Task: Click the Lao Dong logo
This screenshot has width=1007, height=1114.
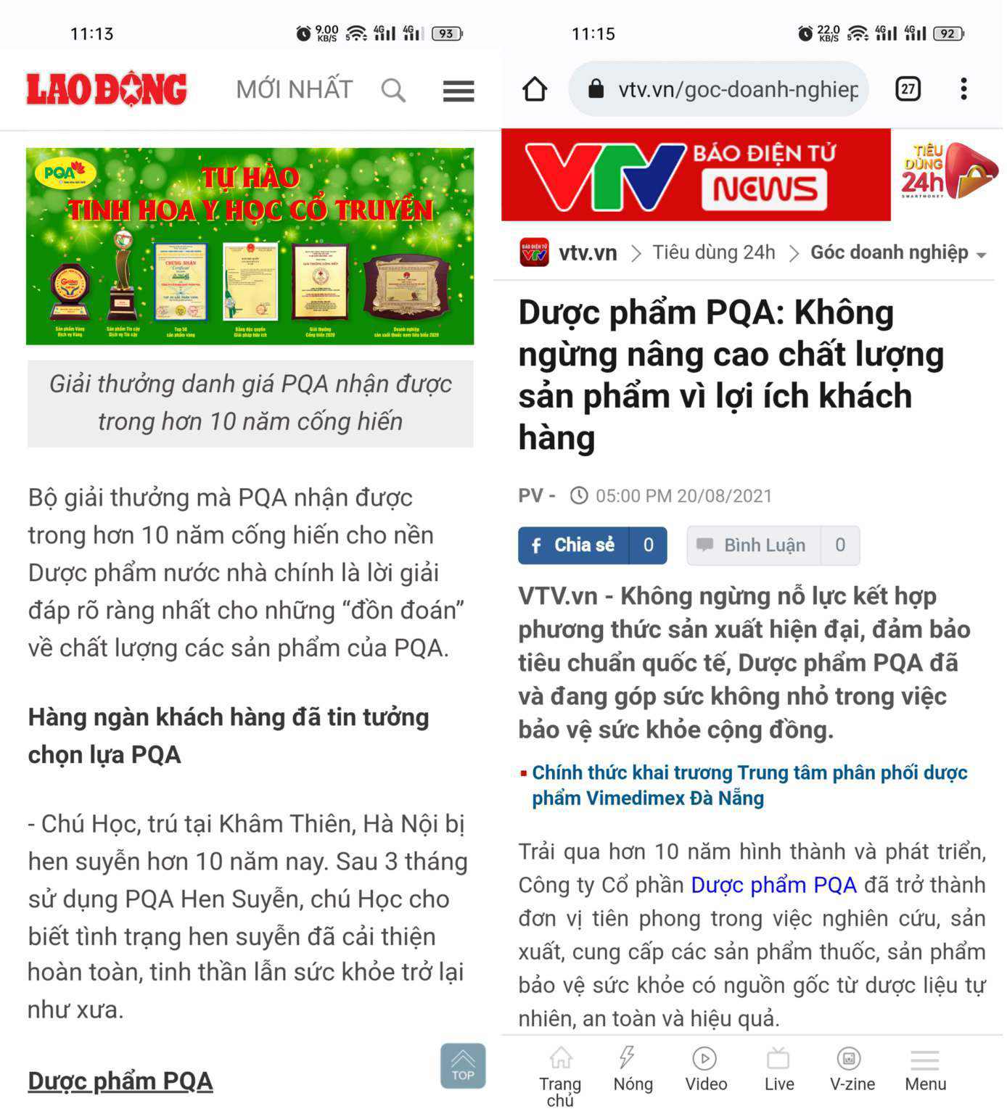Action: coord(107,89)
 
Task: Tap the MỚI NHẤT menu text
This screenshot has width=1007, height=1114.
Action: coord(294,89)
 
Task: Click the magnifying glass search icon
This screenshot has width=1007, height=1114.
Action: coord(392,91)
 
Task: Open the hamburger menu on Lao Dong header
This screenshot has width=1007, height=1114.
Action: coord(458,91)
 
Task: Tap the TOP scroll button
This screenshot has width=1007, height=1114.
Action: coord(462,1065)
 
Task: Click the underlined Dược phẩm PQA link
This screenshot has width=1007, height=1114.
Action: coord(120,1081)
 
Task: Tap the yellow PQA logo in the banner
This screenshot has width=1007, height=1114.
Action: coord(65,173)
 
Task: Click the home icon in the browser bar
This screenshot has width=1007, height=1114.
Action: coord(535,89)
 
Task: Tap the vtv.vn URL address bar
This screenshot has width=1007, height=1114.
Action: coord(736,89)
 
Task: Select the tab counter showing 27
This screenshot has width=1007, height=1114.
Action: coord(908,89)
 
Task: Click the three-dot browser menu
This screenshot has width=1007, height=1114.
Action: coord(963,89)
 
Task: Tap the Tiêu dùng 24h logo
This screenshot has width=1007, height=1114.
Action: coord(947,173)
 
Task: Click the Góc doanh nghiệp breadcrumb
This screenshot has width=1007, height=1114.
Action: coord(889,252)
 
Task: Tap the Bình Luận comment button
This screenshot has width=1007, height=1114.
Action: coord(764,545)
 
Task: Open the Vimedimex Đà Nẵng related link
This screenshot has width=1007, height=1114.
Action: coord(749,785)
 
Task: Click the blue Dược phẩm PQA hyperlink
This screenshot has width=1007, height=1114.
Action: coord(773,886)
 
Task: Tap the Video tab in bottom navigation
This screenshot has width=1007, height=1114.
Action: coord(705,1070)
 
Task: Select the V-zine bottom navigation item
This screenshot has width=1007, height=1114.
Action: coord(852,1070)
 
